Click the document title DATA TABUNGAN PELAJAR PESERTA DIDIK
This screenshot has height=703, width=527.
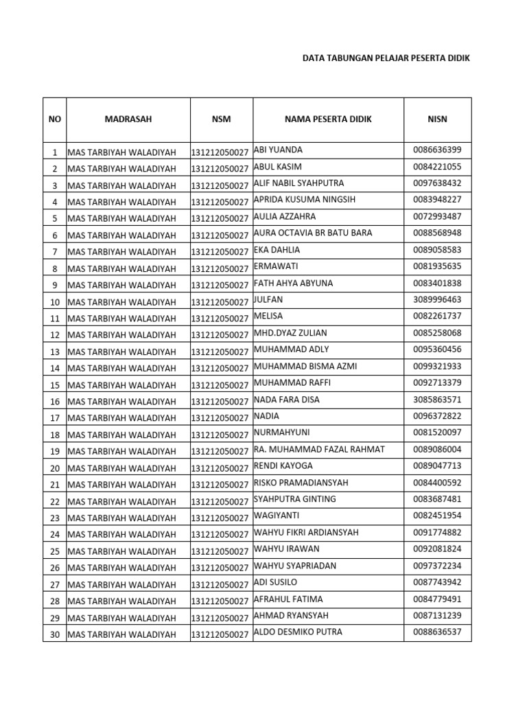click(386, 59)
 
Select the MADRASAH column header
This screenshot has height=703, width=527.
click(128, 119)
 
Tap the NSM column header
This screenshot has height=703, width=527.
click(222, 119)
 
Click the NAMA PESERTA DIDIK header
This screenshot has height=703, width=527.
click(328, 119)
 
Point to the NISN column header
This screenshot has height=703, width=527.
click(437, 119)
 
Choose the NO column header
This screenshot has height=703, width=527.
click(55, 119)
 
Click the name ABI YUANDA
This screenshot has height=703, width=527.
click(279, 150)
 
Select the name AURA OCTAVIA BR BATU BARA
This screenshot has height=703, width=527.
click(313, 233)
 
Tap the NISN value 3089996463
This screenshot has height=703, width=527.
click(437, 300)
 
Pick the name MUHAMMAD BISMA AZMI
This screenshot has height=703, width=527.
click(305, 366)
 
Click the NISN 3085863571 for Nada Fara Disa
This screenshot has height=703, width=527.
click(437, 400)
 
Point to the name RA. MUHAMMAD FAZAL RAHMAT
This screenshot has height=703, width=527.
click(319, 449)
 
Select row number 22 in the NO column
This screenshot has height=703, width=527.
click(55, 502)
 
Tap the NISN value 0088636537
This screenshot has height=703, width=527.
click(437, 632)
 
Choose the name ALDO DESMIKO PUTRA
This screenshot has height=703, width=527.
click(298, 632)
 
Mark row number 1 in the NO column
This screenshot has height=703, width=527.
click(55, 152)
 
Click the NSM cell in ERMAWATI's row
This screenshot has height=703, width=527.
click(220, 269)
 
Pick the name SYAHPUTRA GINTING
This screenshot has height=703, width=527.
click(295, 499)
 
